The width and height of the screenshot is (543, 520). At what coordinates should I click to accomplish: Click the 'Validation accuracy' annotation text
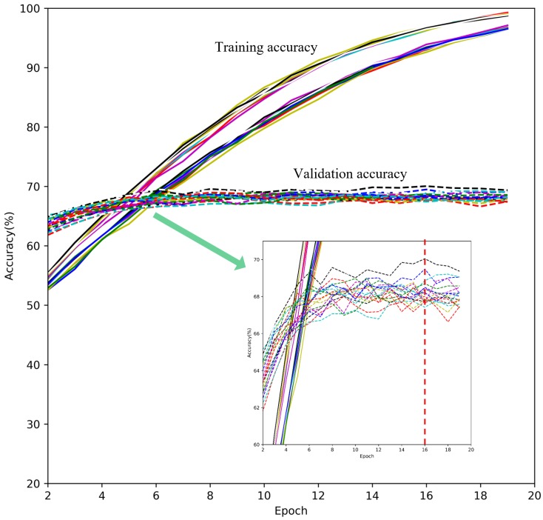point(350,174)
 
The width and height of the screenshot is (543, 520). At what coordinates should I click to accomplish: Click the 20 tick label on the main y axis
point(35,484)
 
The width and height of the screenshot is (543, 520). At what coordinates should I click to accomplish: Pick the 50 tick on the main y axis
point(35,305)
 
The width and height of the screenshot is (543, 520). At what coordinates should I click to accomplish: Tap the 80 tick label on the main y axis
point(35,127)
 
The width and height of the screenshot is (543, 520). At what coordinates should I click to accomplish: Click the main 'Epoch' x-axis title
point(291,510)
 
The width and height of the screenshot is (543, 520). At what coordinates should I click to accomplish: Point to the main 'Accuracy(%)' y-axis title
point(10,246)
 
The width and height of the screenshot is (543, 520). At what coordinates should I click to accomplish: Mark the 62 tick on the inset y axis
point(257,407)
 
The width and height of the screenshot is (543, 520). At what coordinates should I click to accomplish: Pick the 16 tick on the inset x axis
point(425,450)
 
